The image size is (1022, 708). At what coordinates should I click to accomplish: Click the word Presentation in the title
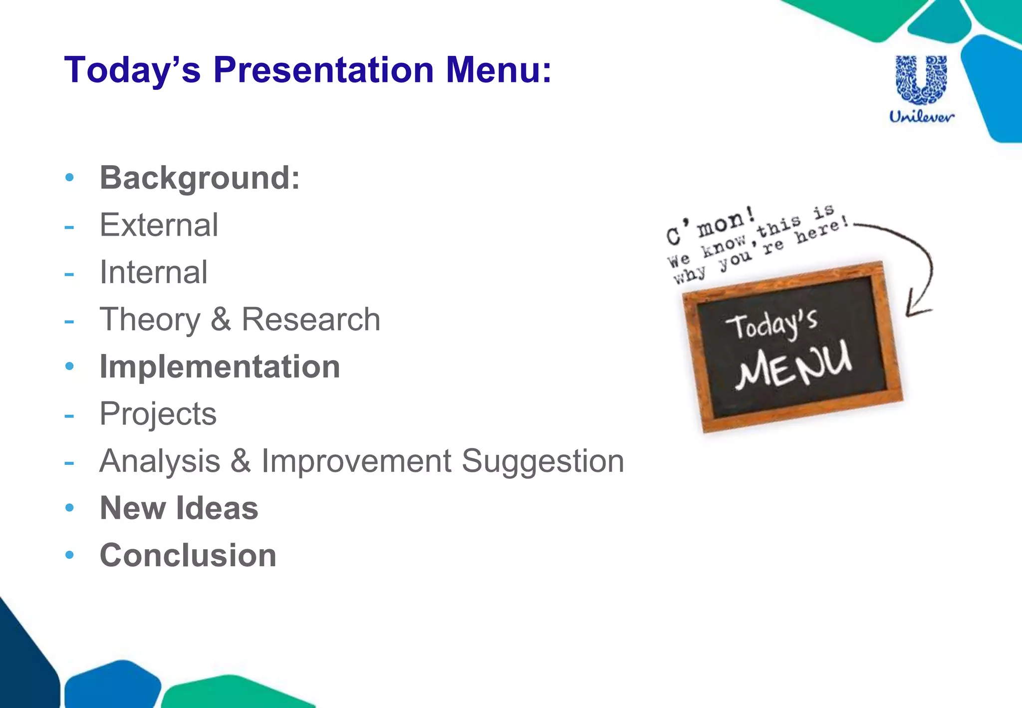324,70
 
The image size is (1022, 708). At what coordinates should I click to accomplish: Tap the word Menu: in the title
499,70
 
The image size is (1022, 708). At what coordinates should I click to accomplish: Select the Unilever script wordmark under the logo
921,117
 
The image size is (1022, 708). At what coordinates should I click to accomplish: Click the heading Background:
200,178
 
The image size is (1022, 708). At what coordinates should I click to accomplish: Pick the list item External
159,225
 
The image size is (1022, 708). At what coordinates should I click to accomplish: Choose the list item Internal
153,273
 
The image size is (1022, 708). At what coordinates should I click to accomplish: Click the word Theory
150,320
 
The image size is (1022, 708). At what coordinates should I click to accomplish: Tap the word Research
310,320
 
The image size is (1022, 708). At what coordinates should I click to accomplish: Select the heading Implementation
220,367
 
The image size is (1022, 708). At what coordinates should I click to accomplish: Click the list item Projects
158,414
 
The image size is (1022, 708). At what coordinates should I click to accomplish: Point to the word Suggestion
542,461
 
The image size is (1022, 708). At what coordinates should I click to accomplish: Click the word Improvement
356,461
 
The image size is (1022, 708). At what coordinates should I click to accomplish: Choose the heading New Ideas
179,508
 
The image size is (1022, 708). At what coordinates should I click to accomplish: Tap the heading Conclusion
188,555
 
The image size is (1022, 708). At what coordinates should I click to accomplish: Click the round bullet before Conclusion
70,555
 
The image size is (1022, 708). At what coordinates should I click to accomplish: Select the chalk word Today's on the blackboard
771,325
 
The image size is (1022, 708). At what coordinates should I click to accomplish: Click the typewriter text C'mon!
711,227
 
